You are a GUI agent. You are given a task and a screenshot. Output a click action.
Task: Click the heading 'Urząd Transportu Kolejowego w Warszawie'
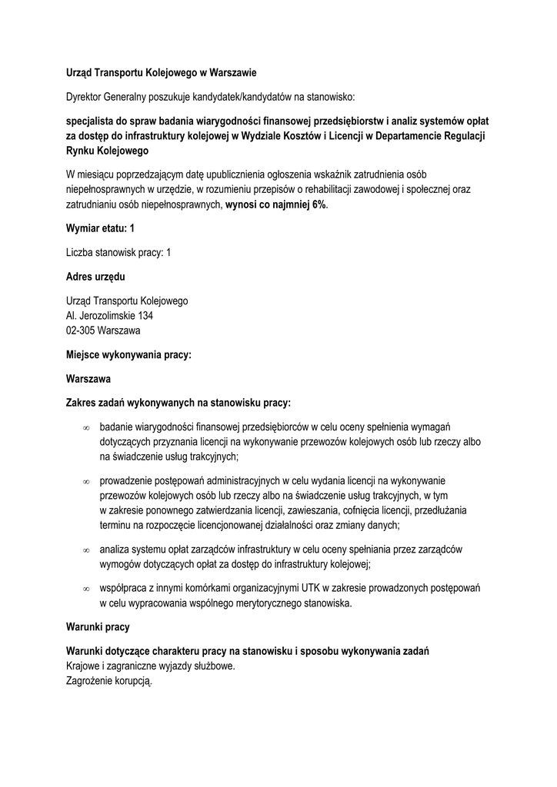coord(161,73)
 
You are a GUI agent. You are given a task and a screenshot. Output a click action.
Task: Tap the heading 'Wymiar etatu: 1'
coord(101,229)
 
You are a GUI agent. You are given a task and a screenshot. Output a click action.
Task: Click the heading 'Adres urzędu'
coord(95,277)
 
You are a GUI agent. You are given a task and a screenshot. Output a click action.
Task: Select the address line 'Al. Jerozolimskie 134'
coord(109,315)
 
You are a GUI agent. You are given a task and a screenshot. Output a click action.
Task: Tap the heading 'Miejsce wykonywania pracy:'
coord(128,355)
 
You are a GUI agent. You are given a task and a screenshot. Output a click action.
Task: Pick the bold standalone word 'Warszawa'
coord(88,379)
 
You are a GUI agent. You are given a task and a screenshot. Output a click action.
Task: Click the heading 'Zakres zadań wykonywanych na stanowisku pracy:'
coord(178,403)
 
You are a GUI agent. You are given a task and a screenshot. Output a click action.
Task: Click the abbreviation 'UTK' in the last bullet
coord(311,588)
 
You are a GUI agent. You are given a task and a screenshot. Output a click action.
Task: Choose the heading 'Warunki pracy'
coord(98,627)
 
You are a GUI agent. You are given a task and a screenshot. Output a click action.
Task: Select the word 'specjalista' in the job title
coord(91,121)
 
